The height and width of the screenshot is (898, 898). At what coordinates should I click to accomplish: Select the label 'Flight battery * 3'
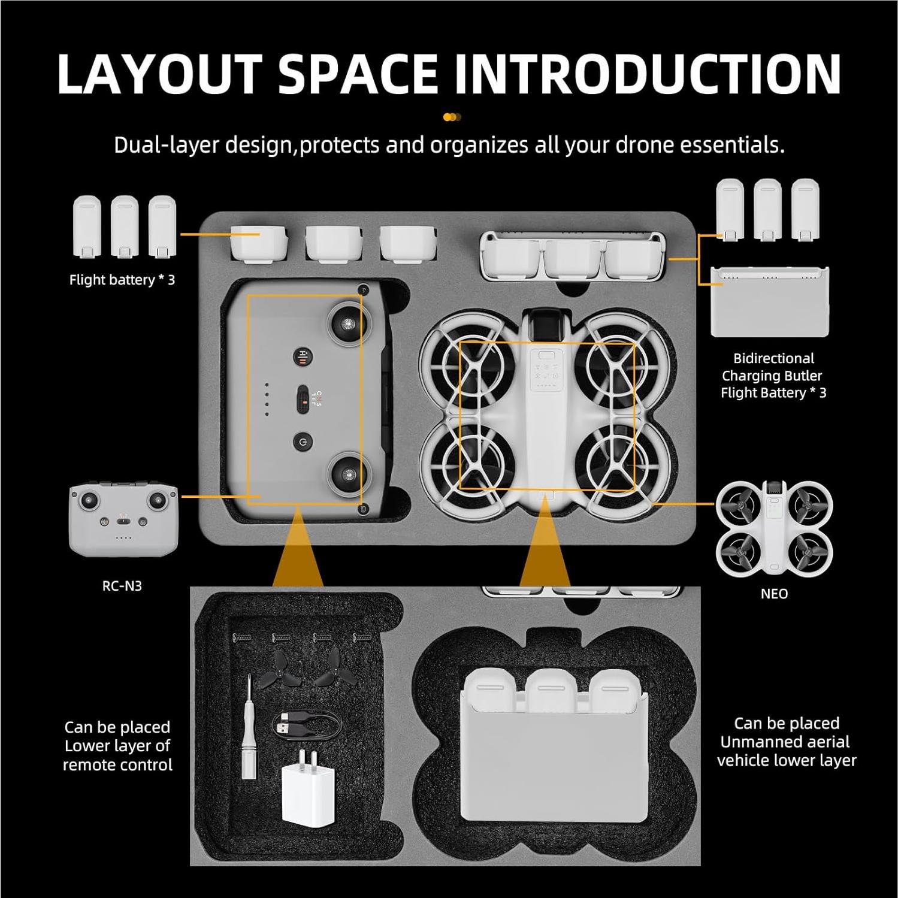click(122, 280)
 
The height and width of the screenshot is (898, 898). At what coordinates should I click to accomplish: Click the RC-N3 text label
click(122, 586)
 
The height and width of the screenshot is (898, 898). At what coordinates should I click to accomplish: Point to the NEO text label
click(774, 594)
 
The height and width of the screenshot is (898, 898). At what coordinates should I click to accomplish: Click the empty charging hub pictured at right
click(769, 301)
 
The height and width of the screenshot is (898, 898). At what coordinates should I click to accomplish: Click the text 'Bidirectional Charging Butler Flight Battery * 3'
click(773, 376)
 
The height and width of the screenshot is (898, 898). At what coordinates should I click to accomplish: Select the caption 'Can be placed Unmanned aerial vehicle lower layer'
click(787, 742)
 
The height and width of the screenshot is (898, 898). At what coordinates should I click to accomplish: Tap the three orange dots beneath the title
click(452, 117)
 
